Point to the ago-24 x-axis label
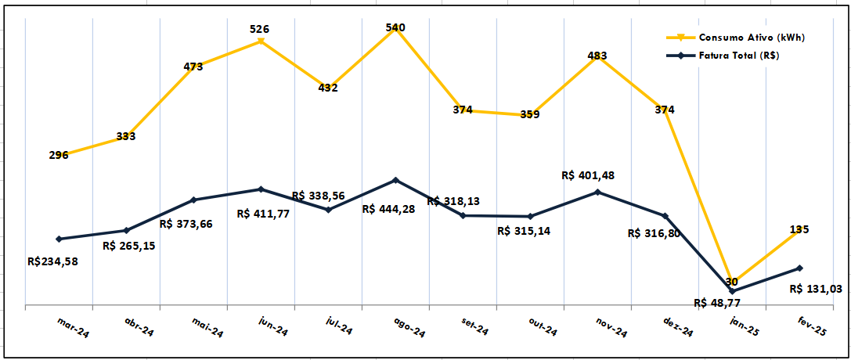[408, 328]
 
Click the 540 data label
[395, 28]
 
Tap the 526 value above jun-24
[260, 29]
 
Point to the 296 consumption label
[59, 155]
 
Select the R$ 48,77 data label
[720, 303]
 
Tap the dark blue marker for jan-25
[732, 291]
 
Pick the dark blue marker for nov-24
[597, 192]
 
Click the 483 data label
[597, 56]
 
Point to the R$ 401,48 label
[589, 175]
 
